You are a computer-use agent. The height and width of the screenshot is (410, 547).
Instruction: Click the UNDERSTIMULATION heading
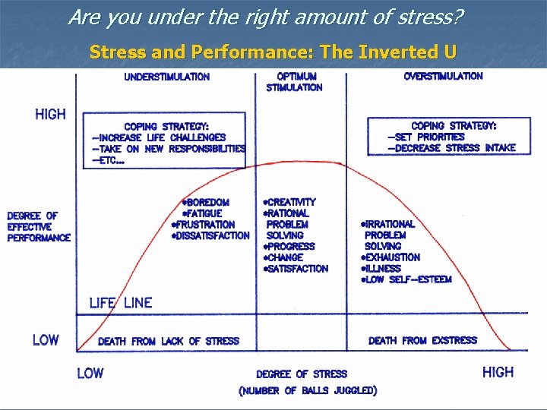pos(167,77)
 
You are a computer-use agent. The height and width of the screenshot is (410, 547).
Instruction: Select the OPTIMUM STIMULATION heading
pos(294,82)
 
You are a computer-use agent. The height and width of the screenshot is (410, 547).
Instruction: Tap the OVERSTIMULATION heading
pos(443,76)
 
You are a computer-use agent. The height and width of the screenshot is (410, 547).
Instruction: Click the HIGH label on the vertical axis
pos(50,115)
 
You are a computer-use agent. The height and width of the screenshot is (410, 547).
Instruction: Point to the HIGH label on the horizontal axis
pos(498,372)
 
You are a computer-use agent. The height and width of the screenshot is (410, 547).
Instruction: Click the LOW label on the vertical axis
pos(46,340)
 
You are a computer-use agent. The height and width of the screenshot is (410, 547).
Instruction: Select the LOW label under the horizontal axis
pos(90,373)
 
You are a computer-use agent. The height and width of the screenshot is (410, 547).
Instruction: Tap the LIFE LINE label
pos(121,302)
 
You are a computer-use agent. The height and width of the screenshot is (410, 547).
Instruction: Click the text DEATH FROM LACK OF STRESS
pos(168,342)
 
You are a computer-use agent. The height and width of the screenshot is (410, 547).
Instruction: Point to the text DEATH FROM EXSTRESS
pos(422,341)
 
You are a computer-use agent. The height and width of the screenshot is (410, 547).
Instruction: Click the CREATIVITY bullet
pos(289,203)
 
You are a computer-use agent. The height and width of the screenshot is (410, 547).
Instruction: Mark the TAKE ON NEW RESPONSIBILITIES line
pos(168,149)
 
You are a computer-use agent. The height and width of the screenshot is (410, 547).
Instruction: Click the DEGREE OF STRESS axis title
pos(301,374)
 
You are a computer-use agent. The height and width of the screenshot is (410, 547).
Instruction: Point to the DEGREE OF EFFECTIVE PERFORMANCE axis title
pos(39,226)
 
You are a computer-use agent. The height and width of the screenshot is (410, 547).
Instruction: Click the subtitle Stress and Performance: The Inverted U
pos(273,52)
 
